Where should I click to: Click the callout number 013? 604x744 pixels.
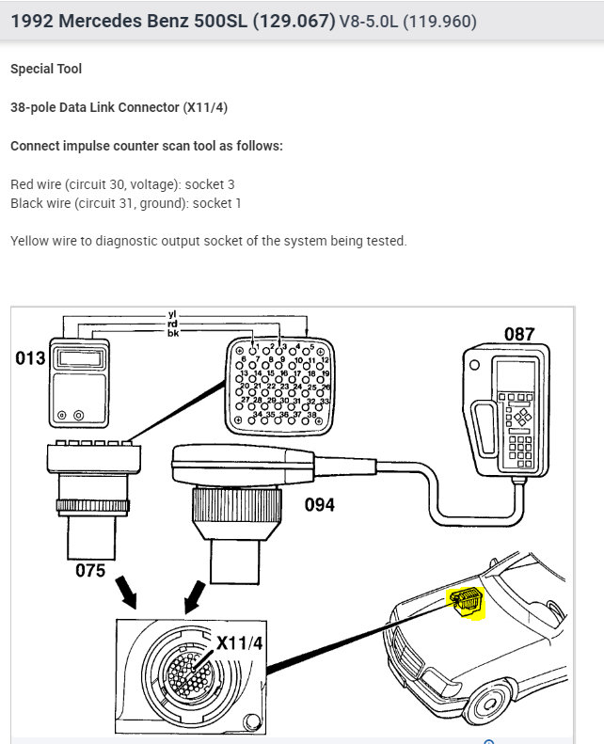pyautogui.click(x=30, y=357)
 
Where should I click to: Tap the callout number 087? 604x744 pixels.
pyautogui.click(x=518, y=333)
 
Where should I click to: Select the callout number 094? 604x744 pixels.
pyautogui.click(x=319, y=505)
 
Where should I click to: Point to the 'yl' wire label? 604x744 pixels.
pyautogui.click(x=172, y=316)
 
